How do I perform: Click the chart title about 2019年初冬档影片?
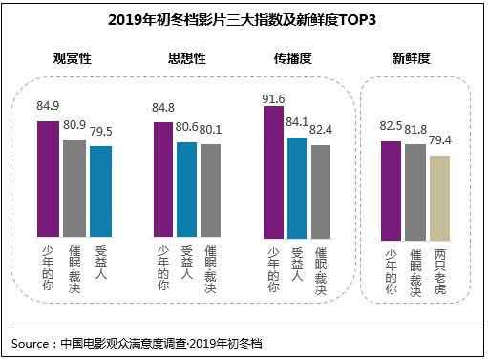(244, 17)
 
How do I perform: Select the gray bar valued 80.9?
(74, 188)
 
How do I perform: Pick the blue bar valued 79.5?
(100, 191)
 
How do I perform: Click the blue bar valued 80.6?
(187, 189)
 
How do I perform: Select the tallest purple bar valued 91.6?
(274, 172)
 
